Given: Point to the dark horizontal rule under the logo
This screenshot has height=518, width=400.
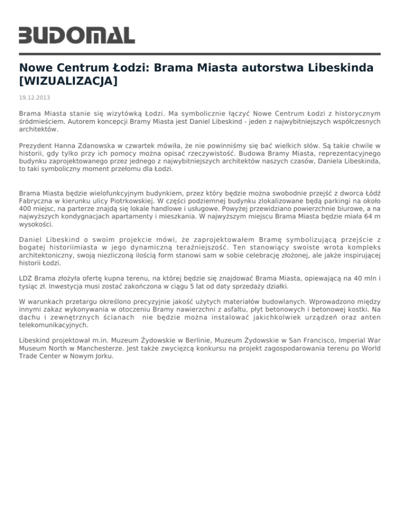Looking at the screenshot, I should tap(200, 54).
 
